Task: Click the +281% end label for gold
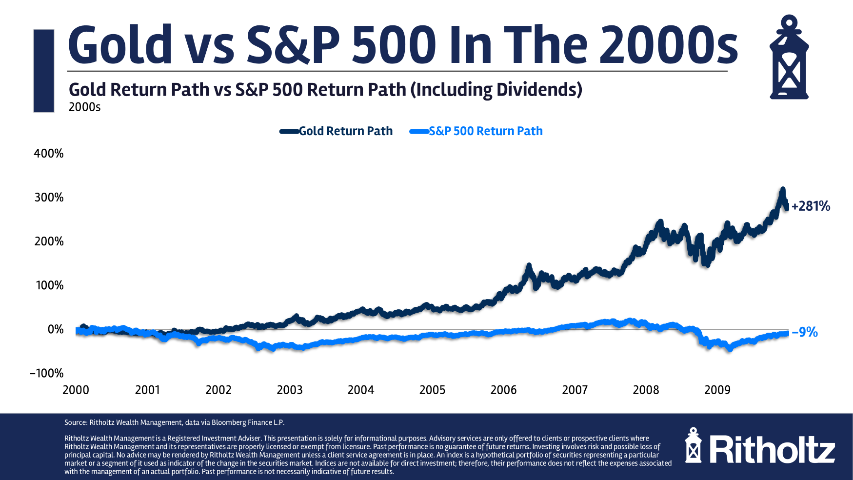click(811, 206)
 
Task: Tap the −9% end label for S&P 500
click(805, 332)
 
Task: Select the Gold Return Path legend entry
click(345, 131)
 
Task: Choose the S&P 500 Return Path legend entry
click(485, 131)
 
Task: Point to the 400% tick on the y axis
click(49, 154)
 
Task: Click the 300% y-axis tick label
click(49, 198)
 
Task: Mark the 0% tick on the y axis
click(56, 329)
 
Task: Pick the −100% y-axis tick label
click(47, 373)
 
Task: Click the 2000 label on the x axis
click(76, 390)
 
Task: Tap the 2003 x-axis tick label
click(290, 390)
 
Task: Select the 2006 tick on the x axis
click(503, 390)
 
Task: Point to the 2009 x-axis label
click(717, 390)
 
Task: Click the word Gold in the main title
click(120, 45)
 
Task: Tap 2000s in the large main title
click(668, 45)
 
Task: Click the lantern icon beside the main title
click(789, 58)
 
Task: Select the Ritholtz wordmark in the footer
click(772, 450)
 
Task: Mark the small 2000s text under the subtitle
click(84, 107)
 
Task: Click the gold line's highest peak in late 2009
click(783, 189)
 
